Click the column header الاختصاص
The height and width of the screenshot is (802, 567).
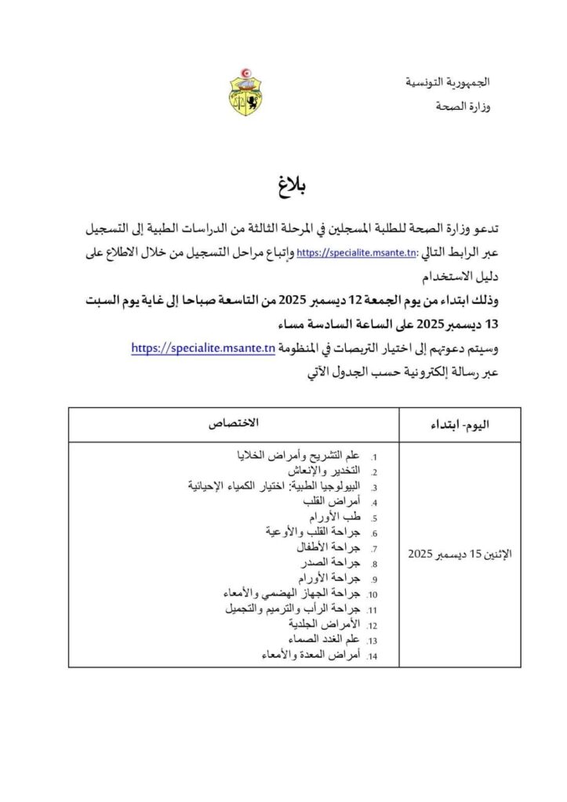(233, 423)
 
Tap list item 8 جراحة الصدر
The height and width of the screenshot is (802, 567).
(329, 563)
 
